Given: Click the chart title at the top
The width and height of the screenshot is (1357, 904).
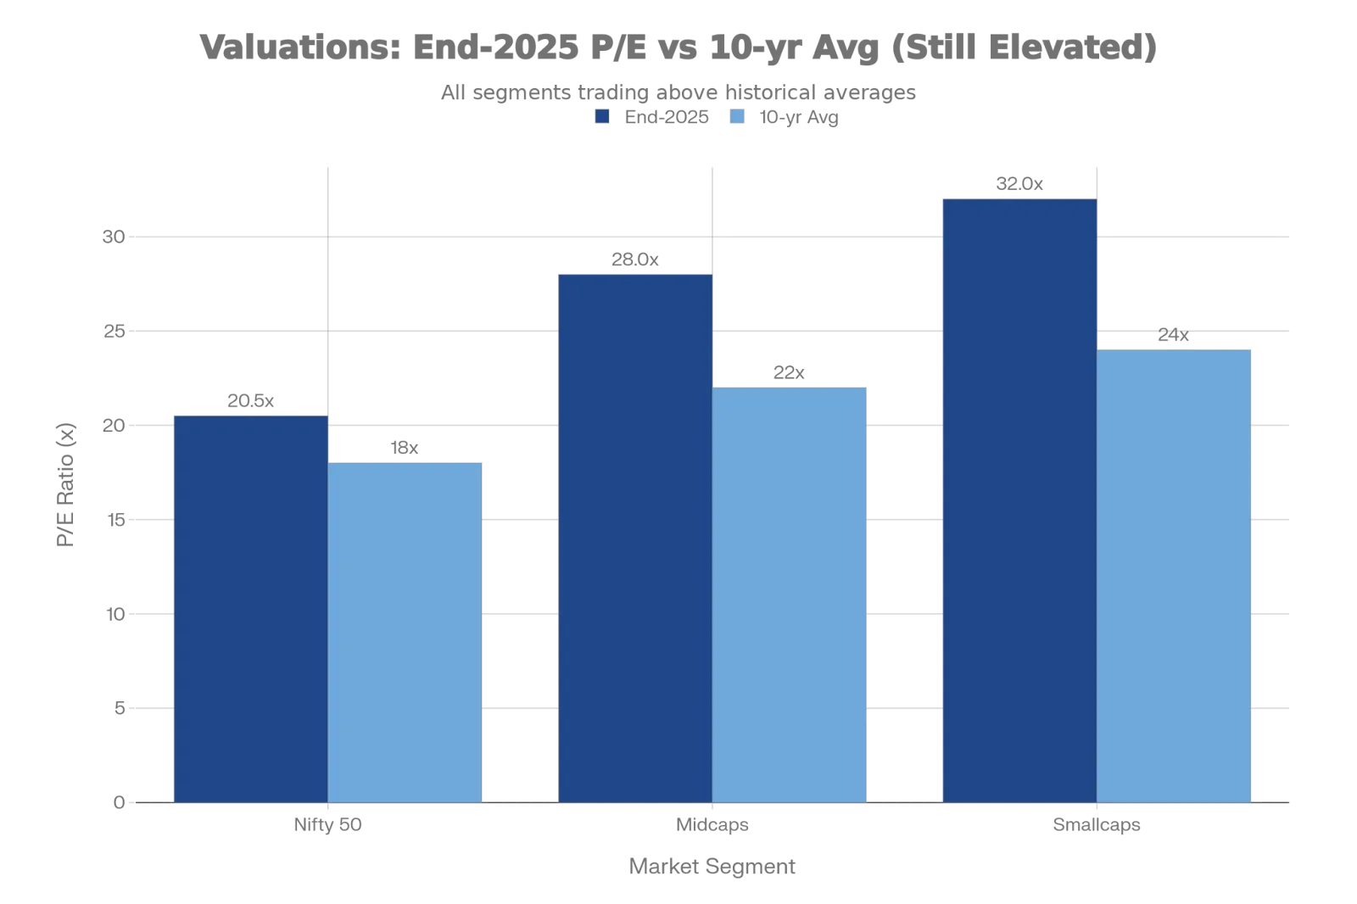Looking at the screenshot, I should (678, 46).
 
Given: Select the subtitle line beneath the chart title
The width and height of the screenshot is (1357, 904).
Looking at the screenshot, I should (678, 92).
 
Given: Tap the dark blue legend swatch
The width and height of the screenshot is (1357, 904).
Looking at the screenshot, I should (601, 119).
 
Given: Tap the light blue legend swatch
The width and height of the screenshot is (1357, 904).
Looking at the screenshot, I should (737, 119).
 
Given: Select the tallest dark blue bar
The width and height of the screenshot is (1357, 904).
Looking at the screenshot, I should (1019, 500).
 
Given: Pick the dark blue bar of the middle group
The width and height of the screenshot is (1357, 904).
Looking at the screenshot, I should (634, 538).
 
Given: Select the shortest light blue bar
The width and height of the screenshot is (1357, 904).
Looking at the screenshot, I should (405, 632).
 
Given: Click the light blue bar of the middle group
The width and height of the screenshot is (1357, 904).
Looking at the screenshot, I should (790, 594).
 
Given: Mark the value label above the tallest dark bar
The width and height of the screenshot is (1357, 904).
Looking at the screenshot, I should (1019, 187).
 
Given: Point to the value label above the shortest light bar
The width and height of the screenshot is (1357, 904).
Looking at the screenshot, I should (405, 447).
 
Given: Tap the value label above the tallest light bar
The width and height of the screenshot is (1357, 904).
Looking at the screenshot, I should (1175, 337).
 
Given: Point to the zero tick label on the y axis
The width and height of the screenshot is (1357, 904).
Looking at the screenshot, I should (120, 803).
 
